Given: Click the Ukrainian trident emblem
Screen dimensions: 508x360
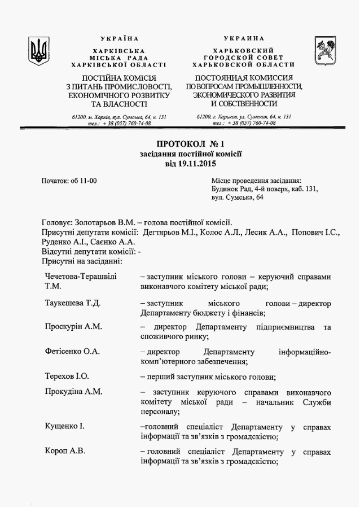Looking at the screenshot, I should pyautogui.click(x=39, y=51).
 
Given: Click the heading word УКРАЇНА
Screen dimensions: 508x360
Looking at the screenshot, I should pyautogui.click(x=119, y=38).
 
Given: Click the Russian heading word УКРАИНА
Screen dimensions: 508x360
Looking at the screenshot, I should pyautogui.click(x=243, y=38).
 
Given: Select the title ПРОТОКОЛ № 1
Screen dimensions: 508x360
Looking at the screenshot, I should pyautogui.click(x=190, y=143).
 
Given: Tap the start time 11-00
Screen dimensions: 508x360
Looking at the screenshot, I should pyautogui.click(x=87, y=181).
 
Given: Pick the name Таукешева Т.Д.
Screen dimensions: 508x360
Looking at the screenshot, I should pyautogui.click(x=73, y=303).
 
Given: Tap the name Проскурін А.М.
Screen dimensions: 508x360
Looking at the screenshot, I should pyautogui.click(x=73, y=327).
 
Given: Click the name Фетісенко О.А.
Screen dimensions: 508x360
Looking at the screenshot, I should pyautogui.click(x=72, y=352).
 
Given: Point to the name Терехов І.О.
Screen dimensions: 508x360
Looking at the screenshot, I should pyautogui.click(x=67, y=376).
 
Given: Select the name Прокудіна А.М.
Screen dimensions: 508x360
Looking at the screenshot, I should pyautogui.click(x=73, y=392).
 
